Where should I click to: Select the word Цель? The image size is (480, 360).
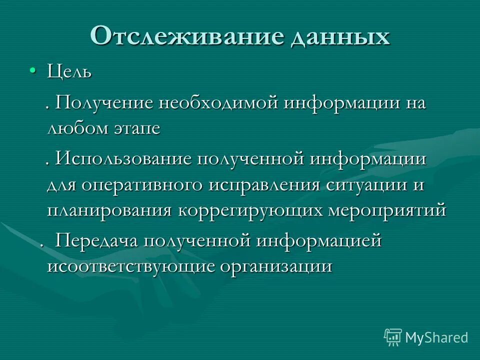tap(69, 72)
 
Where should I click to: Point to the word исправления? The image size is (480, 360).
tap(264, 184)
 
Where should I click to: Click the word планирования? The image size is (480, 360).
tap(110, 210)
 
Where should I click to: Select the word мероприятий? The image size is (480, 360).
tap(386, 210)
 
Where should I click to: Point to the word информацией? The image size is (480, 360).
tap(319, 241)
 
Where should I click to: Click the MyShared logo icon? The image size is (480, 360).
tap(393, 337)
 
